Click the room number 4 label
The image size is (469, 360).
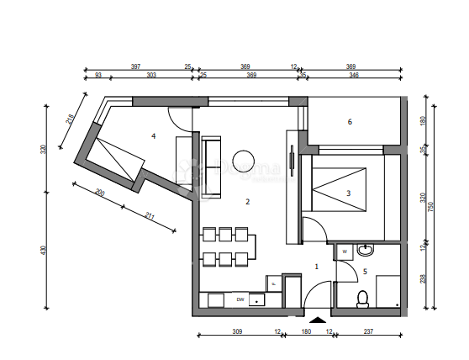coord(153,135)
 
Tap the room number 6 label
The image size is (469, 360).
coord(349,122)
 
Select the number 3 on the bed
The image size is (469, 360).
coord(348,193)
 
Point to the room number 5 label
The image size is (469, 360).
coord(365,271)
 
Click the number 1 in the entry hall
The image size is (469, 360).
coord(316,266)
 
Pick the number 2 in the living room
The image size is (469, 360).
coord(247,202)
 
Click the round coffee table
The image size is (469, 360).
coord(244,159)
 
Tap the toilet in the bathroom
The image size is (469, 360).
coord(363,298)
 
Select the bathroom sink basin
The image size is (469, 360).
coord(365,250)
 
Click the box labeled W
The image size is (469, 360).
coord(345,251)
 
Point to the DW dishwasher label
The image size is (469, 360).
coord(240,299)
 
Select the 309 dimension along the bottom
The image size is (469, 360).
coord(237,331)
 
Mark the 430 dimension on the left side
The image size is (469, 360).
coord(43,249)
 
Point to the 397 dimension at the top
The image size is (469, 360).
coord(135,66)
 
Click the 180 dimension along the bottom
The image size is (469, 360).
coord(306,331)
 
